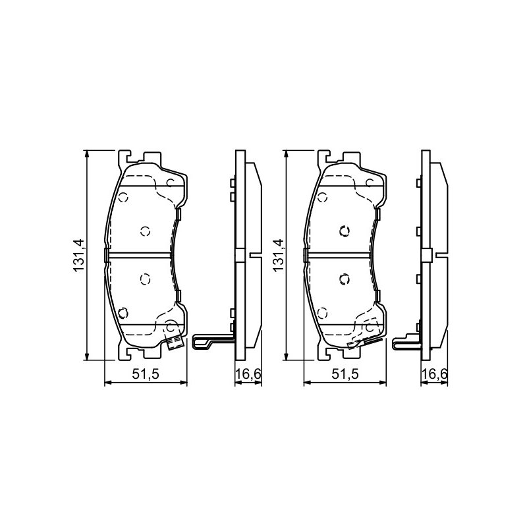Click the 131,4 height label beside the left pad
78,256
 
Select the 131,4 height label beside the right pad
278,256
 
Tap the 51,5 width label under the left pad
145,374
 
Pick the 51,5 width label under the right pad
345,374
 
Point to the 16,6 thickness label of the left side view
248,374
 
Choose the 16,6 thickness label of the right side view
435,374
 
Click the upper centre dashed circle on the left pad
145,231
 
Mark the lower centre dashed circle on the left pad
145,279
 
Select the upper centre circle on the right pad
345,231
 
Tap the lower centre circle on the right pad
345,279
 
